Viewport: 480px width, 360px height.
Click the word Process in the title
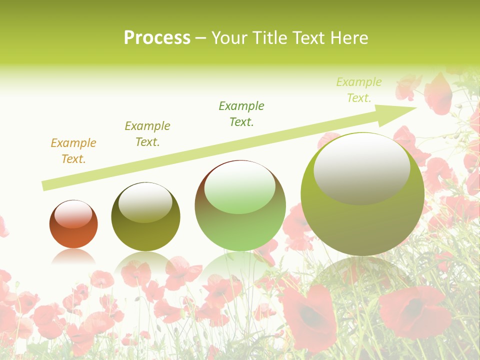pos(157,38)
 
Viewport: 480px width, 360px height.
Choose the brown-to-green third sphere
pos(240,230)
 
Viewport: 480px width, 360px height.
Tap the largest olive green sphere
pos(362,225)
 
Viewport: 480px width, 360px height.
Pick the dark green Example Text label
pos(241,114)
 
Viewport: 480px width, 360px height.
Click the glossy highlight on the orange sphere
pos(73,214)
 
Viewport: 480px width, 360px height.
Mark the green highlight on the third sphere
pos(240,188)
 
